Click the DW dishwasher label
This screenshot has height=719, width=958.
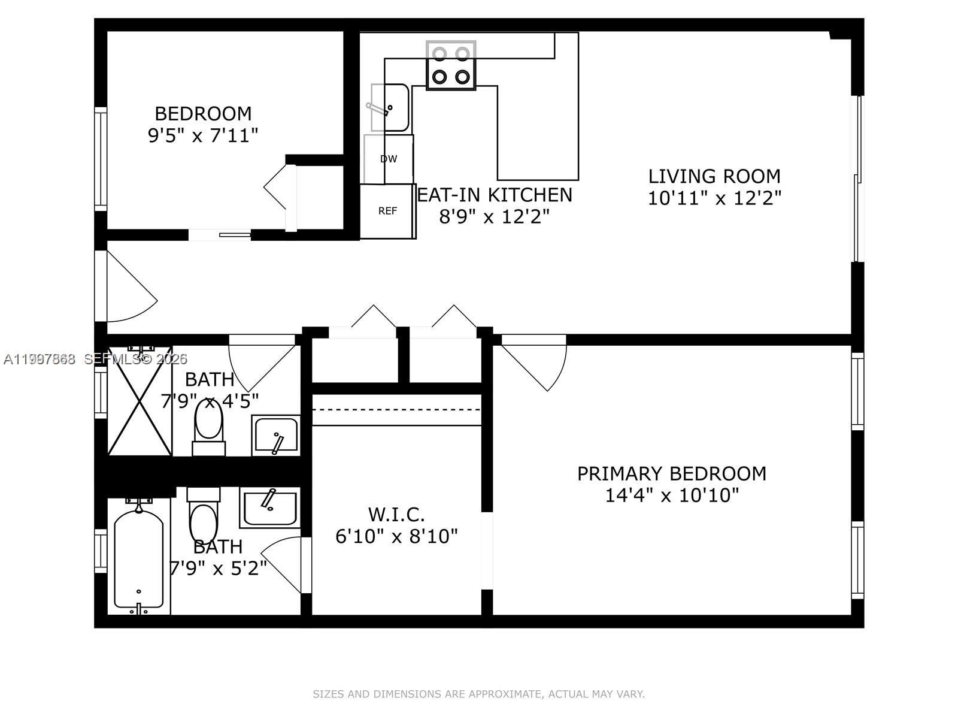(x=389, y=159)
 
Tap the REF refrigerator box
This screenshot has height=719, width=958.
(x=387, y=211)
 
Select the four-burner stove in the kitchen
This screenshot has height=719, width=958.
(x=451, y=65)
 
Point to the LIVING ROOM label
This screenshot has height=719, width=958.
(x=714, y=176)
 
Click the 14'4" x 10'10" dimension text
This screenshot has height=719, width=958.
(x=672, y=496)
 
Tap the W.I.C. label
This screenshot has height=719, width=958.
(x=396, y=514)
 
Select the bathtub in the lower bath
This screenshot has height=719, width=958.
(x=138, y=557)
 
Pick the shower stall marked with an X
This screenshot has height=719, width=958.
(x=140, y=400)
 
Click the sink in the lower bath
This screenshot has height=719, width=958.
(x=270, y=507)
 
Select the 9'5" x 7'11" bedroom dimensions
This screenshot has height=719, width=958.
(x=203, y=135)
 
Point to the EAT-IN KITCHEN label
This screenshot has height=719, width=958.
(x=495, y=195)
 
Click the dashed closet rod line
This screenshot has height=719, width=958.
(x=396, y=410)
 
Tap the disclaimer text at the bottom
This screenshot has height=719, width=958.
(x=478, y=694)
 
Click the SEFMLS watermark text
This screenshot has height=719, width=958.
(x=135, y=359)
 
